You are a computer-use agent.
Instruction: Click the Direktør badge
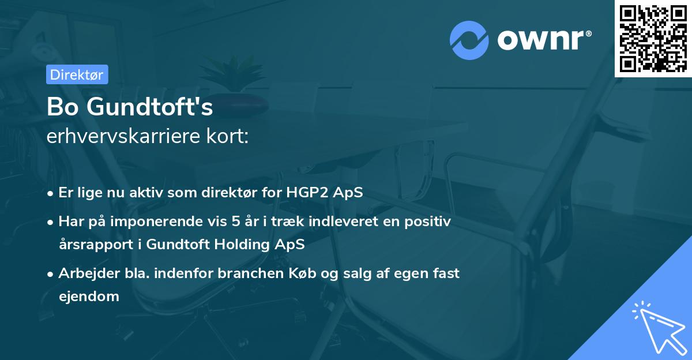point(77,74)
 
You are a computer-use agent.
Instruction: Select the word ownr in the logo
point(543,39)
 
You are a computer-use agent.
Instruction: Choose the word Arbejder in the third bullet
point(84,273)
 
